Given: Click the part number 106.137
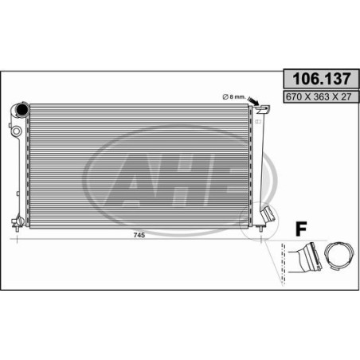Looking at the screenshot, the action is point(322,79).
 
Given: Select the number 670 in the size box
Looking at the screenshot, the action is point(294,96).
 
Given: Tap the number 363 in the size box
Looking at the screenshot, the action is point(322,96).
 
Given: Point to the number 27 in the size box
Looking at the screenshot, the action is point(346,96).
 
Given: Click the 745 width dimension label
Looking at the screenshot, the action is point(139,235).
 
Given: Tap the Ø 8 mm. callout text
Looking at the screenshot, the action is point(233,97).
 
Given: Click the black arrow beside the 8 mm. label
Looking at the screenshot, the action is point(253,102).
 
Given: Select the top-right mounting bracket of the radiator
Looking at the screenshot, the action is point(263,109).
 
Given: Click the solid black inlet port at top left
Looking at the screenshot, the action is point(22,110).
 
